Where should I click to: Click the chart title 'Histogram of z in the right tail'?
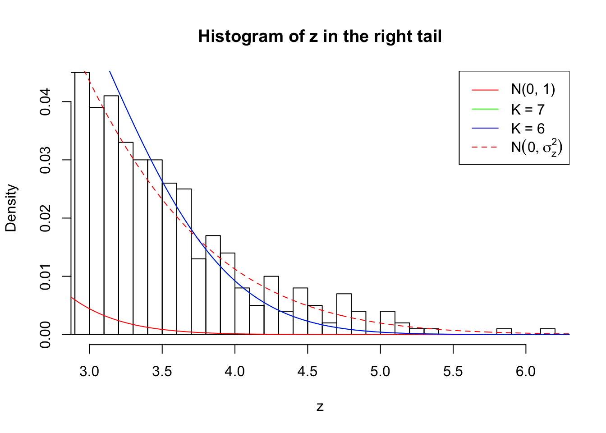click(x=320, y=37)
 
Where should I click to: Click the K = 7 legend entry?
click(x=528, y=109)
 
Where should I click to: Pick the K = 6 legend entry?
click(x=528, y=129)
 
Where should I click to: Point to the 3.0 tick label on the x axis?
click(x=89, y=372)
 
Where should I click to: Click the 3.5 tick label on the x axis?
click(x=162, y=372)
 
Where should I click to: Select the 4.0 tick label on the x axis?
click(x=235, y=372)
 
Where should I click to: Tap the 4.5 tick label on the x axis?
click(x=308, y=372)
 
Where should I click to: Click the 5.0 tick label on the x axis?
click(x=380, y=372)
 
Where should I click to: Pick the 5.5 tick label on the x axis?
click(x=453, y=372)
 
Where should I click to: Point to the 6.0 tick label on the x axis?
click(x=526, y=372)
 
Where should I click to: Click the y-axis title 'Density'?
click(x=11, y=208)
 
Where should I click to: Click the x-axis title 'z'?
click(x=320, y=407)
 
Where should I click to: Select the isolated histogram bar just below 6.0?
click(x=504, y=332)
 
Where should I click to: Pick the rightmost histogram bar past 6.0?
click(x=547, y=332)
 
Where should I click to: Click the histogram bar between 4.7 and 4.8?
click(x=344, y=314)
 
